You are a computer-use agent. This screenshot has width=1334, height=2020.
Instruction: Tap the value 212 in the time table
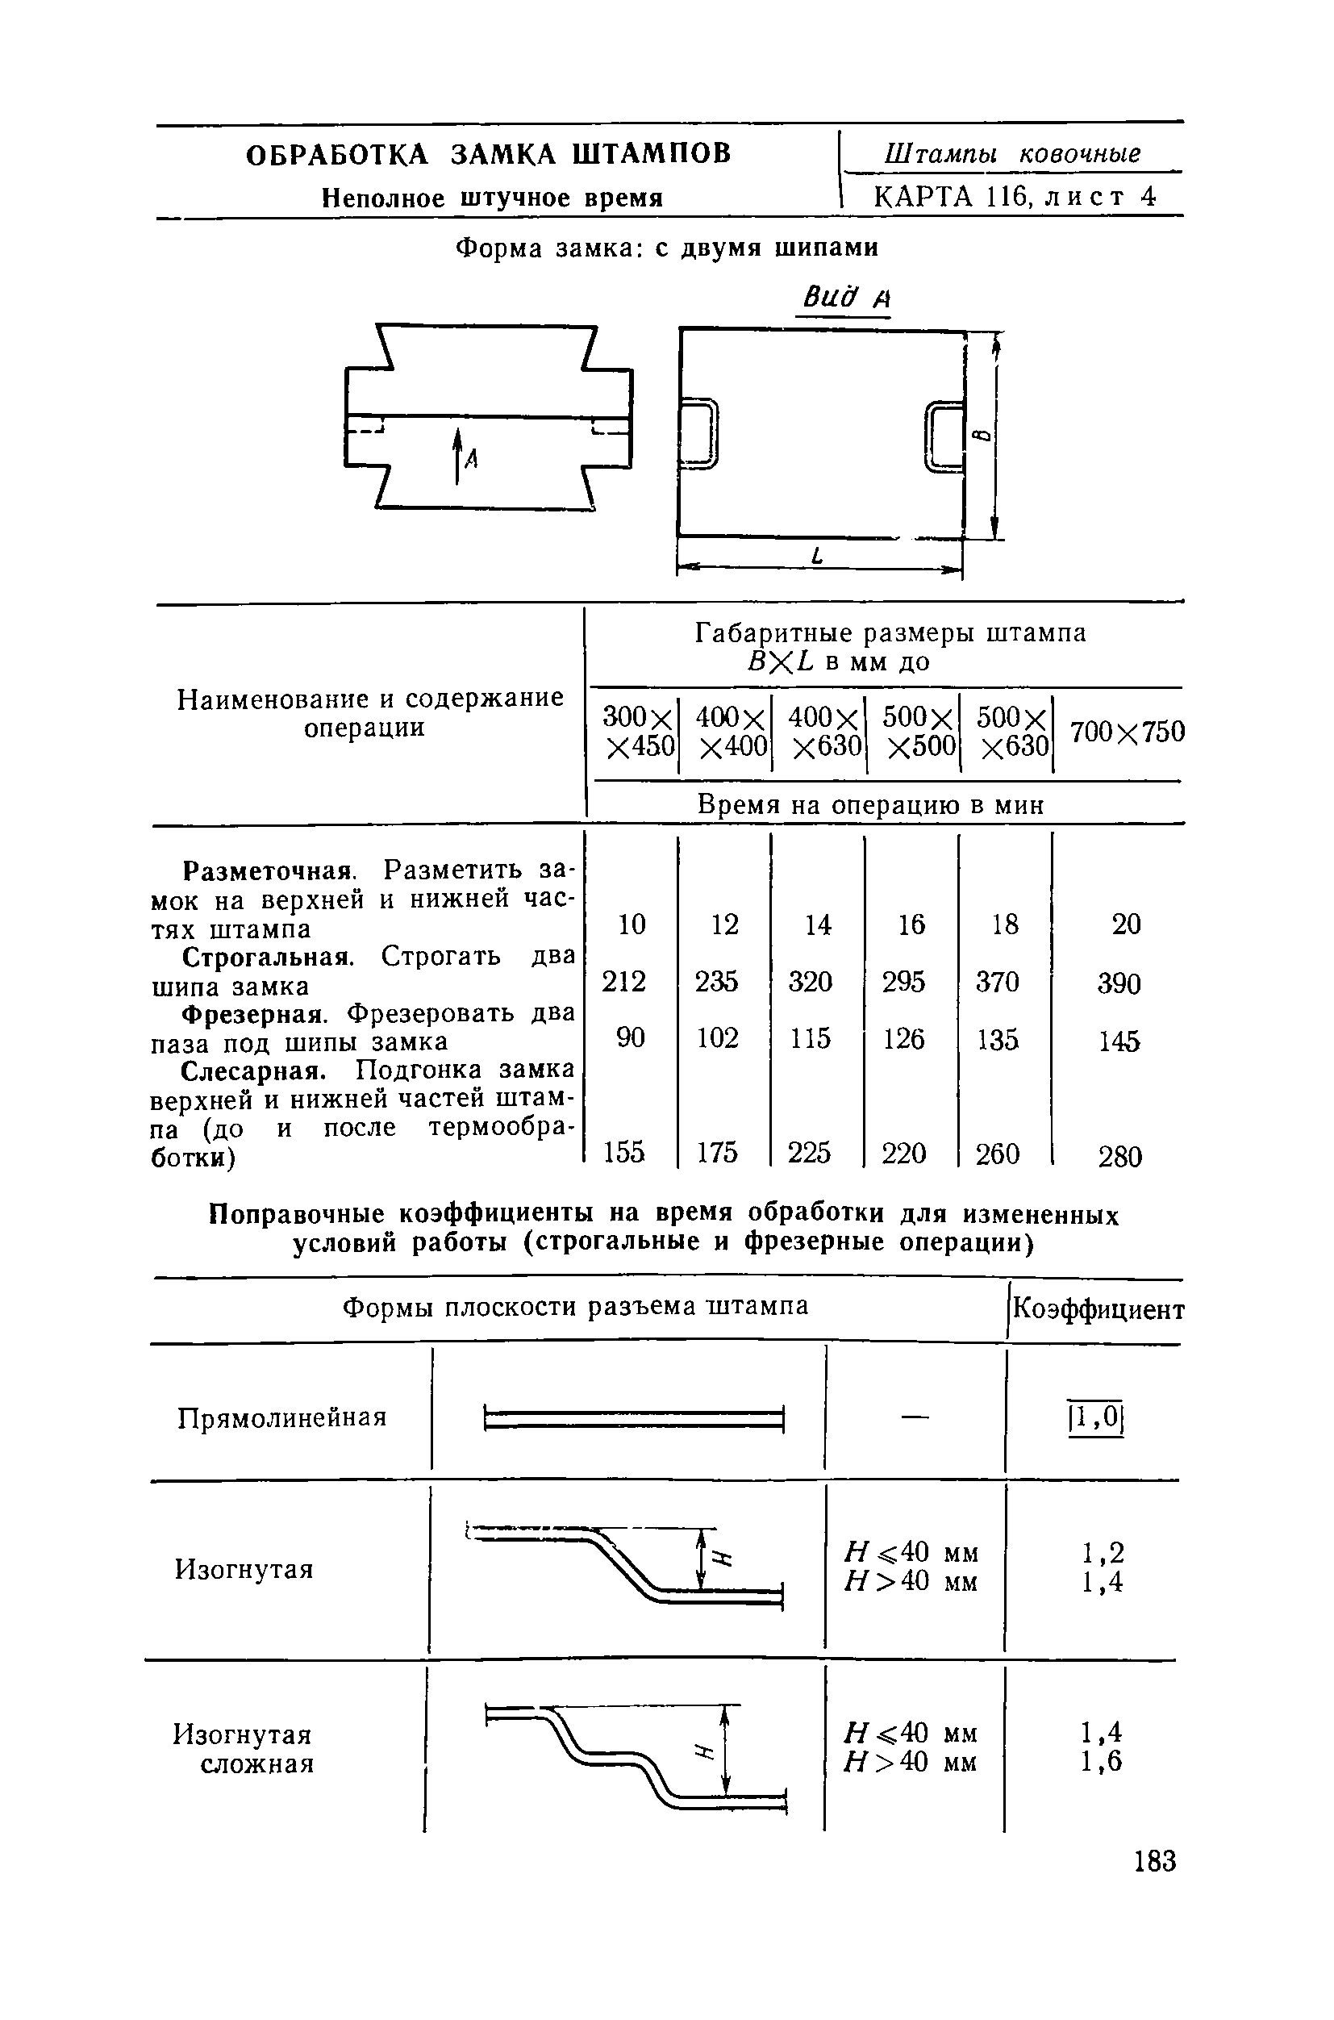(x=623, y=982)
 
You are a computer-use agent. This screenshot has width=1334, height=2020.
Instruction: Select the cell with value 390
(x=1119, y=983)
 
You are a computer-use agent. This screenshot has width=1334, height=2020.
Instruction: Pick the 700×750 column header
(x=1127, y=731)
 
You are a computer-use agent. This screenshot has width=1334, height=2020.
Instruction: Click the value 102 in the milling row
(x=717, y=1038)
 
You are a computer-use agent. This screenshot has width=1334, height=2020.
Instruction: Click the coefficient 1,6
(x=1102, y=1760)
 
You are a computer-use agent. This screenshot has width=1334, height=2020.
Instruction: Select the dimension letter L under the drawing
(x=819, y=557)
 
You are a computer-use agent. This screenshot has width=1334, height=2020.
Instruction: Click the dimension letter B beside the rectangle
(x=982, y=435)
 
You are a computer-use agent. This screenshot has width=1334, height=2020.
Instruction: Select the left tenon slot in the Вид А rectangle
(x=699, y=433)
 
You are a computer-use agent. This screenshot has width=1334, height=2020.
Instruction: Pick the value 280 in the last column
(x=1119, y=1156)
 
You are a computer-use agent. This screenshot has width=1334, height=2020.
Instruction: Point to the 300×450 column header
(x=638, y=731)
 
